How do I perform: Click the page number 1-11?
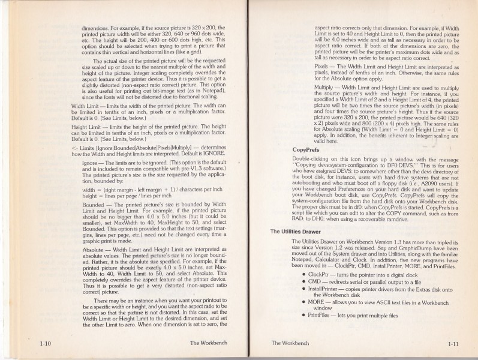point(453,344)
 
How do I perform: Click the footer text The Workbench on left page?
point(204,343)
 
